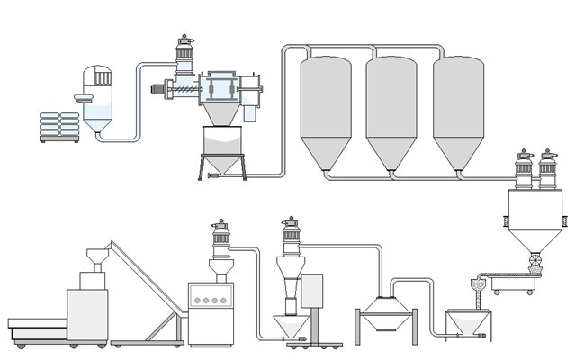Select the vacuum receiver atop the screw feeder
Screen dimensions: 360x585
click(x=185, y=56)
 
